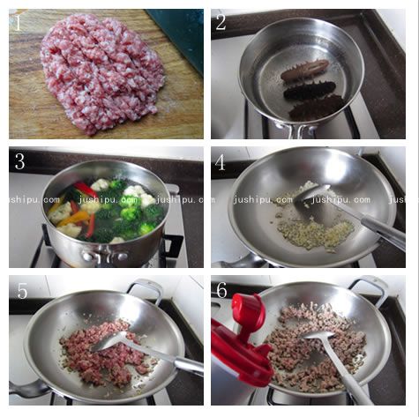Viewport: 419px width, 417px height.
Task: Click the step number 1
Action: pos(19,23)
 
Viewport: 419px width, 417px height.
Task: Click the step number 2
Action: pos(221,22)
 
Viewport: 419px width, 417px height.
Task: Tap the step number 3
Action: pos(19,161)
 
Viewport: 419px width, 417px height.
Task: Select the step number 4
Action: pos(221,162)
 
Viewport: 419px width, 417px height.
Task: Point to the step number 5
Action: pos(22,291)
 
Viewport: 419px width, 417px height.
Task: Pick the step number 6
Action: pos(222,290)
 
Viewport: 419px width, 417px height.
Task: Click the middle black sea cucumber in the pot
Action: pos(310,92)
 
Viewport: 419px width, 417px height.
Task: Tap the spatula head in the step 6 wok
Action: pos(318,336)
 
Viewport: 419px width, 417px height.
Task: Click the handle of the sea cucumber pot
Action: pos(294,131)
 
